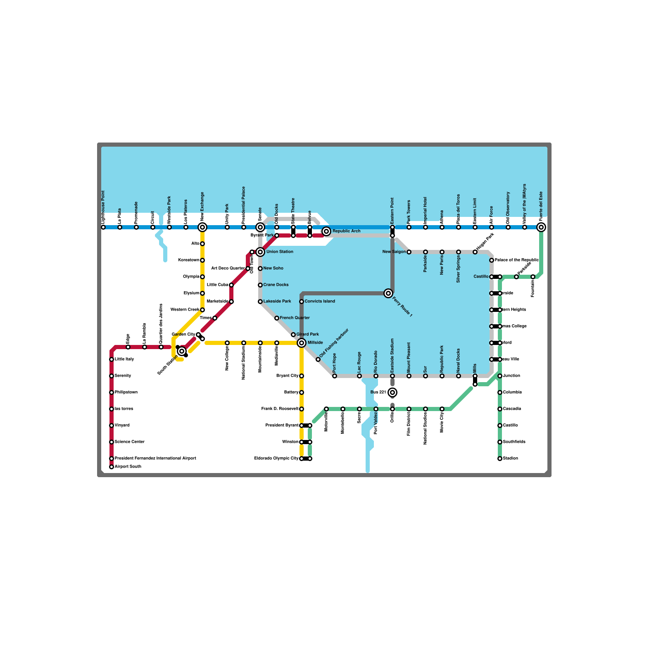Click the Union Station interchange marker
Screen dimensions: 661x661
tap(260, 252)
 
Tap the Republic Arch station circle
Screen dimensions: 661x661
tap(326, 231)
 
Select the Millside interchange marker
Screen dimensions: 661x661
tap(302, 343)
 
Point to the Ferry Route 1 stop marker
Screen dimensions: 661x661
tap(388, 293)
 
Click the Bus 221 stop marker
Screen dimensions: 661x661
tap(392, 392)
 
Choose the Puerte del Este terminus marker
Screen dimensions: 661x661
tap(541, 227)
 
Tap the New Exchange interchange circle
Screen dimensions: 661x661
tap(202, 227)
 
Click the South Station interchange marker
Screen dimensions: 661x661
tap(182, 351)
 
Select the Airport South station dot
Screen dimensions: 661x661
tap(112, 467)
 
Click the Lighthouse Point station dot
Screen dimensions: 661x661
tap(103, 227)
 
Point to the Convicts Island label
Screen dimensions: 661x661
tap(320, 302)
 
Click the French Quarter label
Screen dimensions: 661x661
tap(295, 318)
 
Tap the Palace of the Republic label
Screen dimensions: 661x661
tap(516, 260)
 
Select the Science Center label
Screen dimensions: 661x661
tap(130, 442)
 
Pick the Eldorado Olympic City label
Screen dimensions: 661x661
tap(276, 459)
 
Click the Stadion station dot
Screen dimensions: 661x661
tap(500, 459)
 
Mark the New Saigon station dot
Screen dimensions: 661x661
tap(409, 252)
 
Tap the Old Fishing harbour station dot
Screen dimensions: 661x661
tap(318, 359)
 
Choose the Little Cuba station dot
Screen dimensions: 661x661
tap(231, 285)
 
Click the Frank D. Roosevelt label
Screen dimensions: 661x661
tap(280, 409)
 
